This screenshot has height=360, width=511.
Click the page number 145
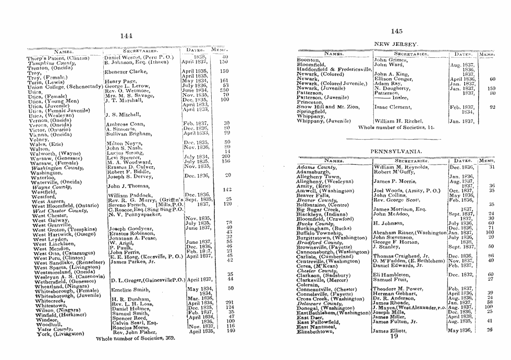[396, 31]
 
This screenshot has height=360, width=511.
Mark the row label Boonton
[308, 60]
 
